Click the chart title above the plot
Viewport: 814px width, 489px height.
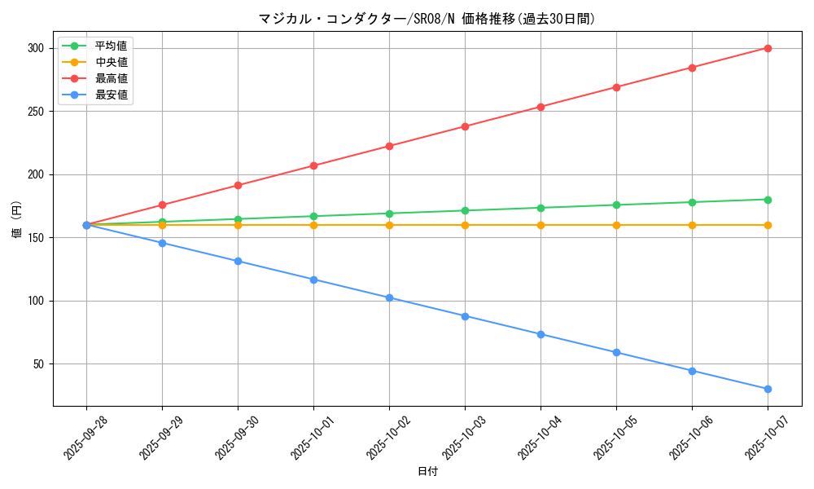point(427,19)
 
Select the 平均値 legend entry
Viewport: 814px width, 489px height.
point(112,46)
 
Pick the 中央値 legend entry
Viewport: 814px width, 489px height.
point(112,62)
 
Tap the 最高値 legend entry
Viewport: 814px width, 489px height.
point(112,78)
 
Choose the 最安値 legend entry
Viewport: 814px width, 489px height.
point(112,95)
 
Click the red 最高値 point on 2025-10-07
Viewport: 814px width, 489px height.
point(768,48)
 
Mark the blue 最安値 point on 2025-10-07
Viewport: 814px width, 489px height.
point(768,389)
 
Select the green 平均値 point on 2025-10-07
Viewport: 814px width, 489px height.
point(768,200)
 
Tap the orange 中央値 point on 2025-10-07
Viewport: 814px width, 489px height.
point(768,225)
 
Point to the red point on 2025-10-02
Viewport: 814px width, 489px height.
point(389,146)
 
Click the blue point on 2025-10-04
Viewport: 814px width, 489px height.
point(540,334)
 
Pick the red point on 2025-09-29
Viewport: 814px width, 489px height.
point(162,205)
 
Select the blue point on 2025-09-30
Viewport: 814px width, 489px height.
point(238,261)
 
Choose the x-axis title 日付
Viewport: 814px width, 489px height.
point(427,472)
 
